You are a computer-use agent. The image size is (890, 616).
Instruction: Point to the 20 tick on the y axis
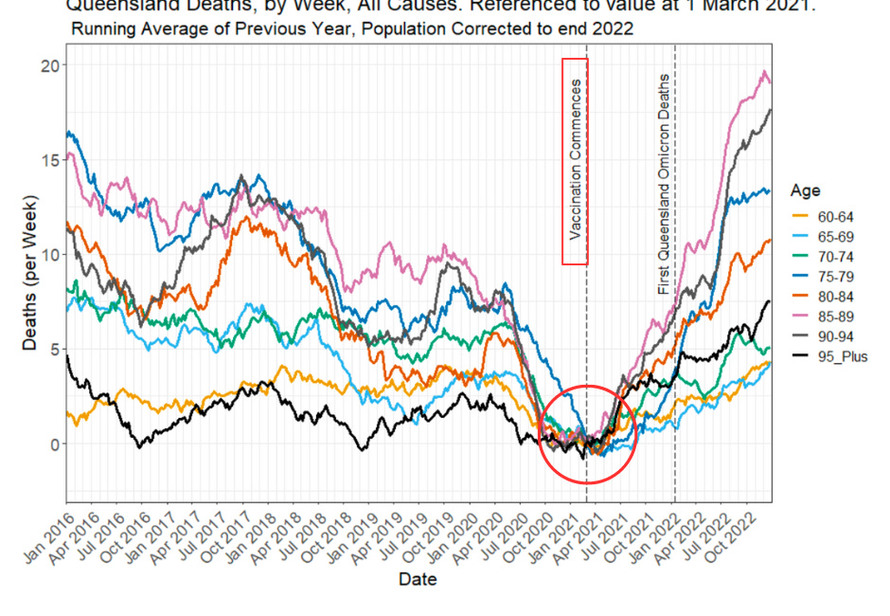(x=48, y=65)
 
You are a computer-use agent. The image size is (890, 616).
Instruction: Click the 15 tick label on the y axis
(x=48, y=160)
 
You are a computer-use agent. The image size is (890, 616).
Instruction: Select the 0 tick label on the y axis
(x=53, y=444)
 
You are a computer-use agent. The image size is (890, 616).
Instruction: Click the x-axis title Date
(x=418, y=579)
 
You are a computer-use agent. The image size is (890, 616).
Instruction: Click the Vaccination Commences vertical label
(x=575, y=161)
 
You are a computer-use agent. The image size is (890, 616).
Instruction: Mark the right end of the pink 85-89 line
(x=770, y=82)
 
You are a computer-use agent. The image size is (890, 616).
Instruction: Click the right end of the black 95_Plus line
(x=770, y=301)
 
